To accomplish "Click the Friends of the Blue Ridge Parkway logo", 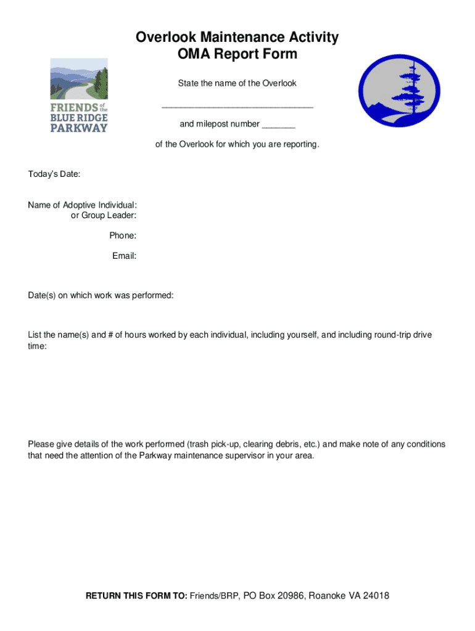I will [x=78, y=95].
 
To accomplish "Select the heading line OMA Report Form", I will [x=238, y=54].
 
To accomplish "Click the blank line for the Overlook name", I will [x=238, y=106].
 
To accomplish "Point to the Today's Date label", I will [x=54, y=174].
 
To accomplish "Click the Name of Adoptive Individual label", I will [x=82, y=205].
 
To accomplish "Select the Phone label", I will [x=123, y=235].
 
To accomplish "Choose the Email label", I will [x=124, y=256].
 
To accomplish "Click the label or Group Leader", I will [x=104, y=215].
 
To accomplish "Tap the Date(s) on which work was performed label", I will [x=101, y=296].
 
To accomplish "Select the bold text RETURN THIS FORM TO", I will [x=136, y=596].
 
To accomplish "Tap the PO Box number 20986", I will [x=289, y=596].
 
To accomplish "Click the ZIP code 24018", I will [x=376, y=596].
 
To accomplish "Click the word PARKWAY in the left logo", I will [x=78, y=128].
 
